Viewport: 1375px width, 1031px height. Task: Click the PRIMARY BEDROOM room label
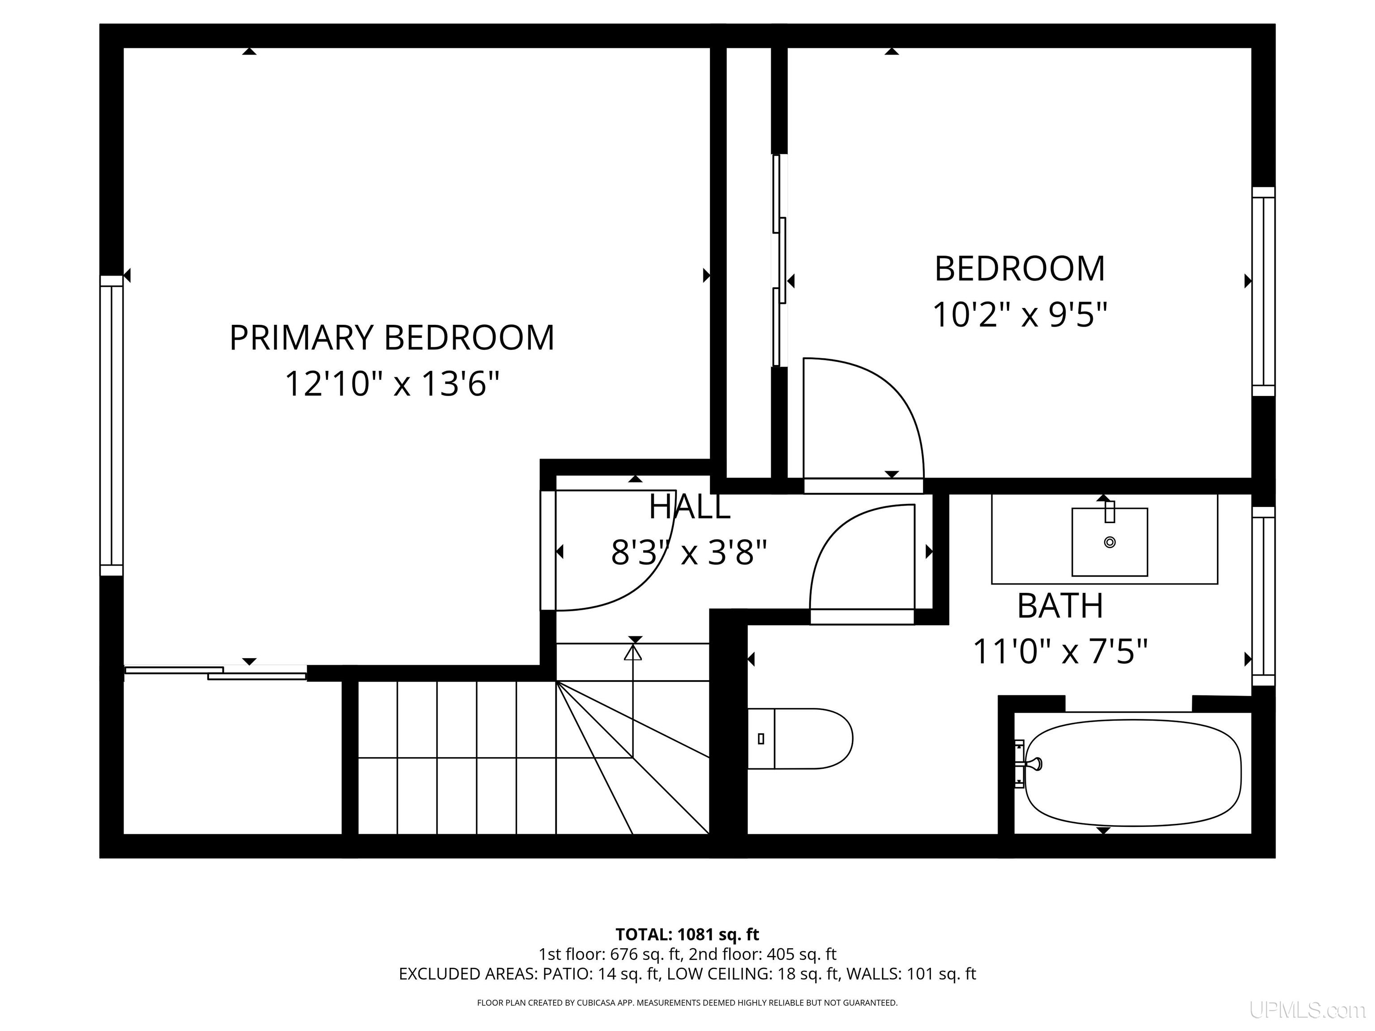click(392, 338)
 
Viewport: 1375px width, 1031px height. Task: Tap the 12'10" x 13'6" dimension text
click(392, 384)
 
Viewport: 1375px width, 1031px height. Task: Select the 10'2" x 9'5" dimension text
click(1020, 315)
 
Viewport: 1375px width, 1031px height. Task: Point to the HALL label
click(689, 507)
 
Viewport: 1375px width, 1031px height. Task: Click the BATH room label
click(1060, 605)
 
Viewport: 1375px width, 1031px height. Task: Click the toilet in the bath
click(799, 738)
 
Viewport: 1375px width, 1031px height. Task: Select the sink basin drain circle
click(1110, 542)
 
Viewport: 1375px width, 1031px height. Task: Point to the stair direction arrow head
click(633, 652)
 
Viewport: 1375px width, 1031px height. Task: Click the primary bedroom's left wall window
click(112, 426)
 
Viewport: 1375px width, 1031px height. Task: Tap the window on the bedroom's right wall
click(1263, 291)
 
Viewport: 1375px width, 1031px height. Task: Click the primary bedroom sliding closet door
click(216, 673)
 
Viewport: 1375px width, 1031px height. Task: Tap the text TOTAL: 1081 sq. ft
click(687, 934)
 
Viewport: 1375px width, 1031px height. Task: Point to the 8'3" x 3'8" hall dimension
click(689, 553)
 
